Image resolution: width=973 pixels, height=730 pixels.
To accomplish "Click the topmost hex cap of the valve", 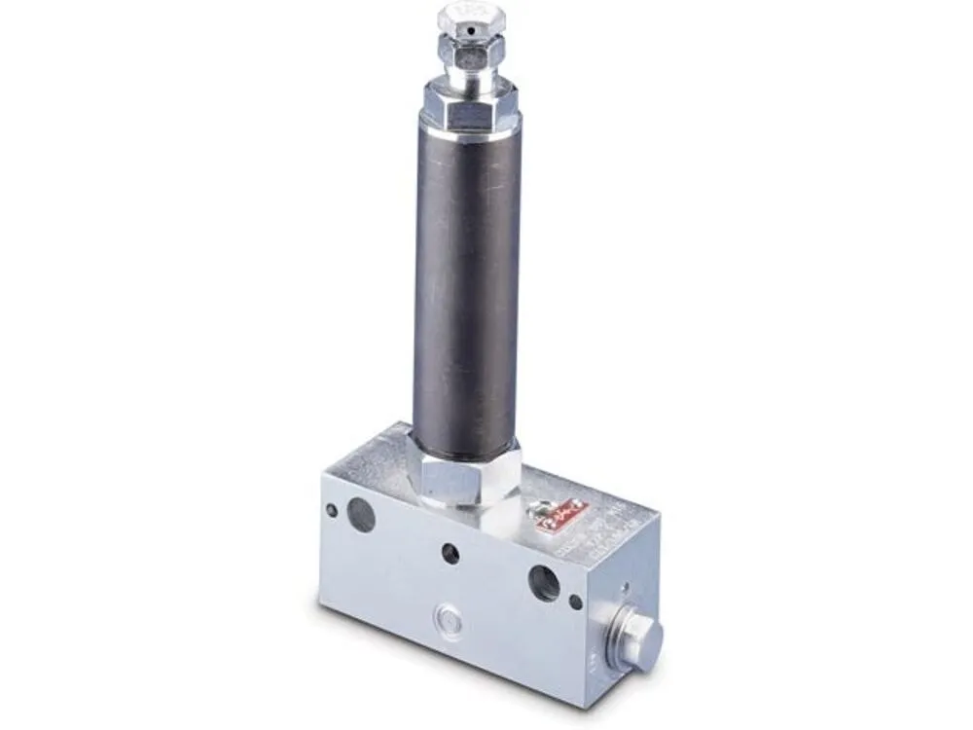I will pos(465,21).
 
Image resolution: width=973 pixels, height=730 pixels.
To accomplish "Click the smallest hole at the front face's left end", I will pos(332,509).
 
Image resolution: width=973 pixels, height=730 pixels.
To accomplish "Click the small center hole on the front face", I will pos(450,553).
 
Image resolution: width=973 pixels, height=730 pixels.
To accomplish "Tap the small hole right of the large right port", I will pos(576,602).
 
